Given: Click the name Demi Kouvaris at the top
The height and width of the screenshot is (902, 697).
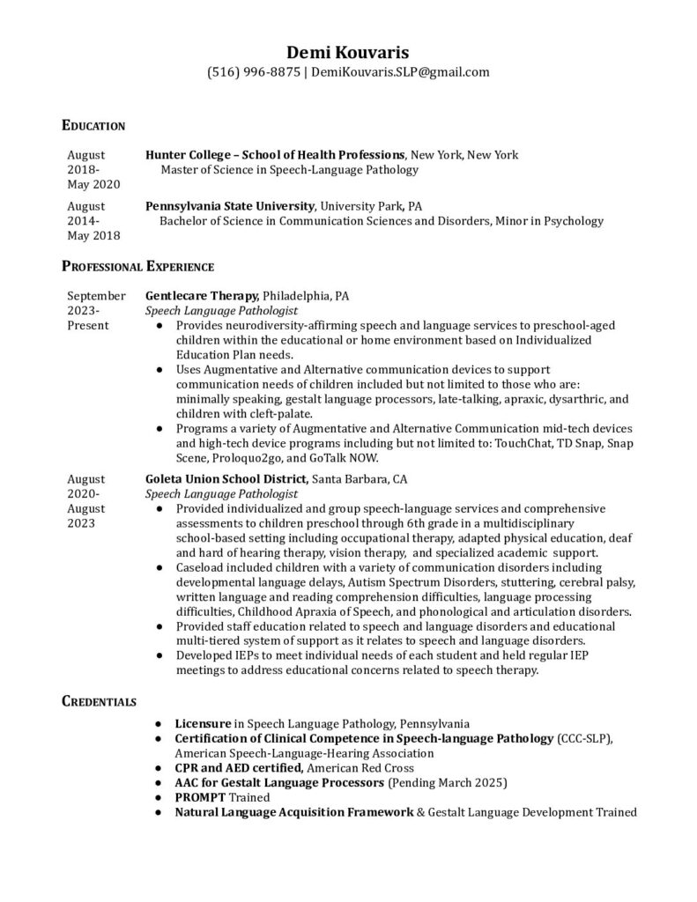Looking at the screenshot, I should [x=348, y=51].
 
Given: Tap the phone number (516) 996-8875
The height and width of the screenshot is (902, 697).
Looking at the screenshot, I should [x=253, y=72].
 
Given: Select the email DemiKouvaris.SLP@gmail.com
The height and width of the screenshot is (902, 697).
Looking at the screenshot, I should [x=400, y=72].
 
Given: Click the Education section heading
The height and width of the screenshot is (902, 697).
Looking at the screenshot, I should [x=93, y=126].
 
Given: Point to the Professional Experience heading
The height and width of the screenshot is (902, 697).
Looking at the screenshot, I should [x=137, y=265].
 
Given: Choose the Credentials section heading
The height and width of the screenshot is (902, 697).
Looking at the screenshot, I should [x=99, y=701].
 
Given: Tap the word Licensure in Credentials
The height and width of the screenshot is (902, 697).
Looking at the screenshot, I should [x=203, y=722].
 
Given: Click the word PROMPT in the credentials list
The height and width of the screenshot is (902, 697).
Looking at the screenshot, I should [x=199, y=796].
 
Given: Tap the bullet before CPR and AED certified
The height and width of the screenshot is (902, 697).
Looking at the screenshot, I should [x=157, y=767].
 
